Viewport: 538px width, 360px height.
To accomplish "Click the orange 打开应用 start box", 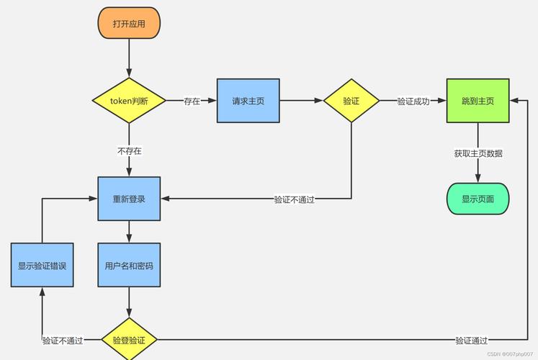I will click(129, 24).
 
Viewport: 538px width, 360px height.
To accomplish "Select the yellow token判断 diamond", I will click(129, 101).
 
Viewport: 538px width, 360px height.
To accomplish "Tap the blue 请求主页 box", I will click(248, 101).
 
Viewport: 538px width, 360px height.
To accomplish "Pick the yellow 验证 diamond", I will click(351, 101).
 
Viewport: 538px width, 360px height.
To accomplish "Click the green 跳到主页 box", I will click(478, 101).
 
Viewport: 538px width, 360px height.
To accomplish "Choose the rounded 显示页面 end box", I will click(478, 199).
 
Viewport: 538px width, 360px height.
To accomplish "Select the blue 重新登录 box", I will click(129, 199).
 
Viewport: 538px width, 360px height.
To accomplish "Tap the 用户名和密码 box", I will click(129, 265).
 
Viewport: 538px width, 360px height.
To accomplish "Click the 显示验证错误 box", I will click(42, 265).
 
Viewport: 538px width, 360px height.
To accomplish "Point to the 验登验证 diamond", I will click(129, 340).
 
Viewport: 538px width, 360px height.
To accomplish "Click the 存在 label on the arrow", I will click(192, 102).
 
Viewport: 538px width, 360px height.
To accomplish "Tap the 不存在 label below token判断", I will click(130, 151).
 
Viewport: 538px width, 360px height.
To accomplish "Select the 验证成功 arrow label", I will click(413, 102).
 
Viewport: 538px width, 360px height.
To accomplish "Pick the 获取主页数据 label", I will click(478, 153).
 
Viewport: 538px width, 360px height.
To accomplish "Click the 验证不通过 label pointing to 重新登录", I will click(294, 199).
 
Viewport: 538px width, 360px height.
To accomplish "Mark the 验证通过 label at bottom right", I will click(471, 341).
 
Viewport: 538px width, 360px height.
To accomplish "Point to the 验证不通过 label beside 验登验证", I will click(62, 341).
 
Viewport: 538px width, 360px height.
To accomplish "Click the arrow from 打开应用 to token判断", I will click(129, 58).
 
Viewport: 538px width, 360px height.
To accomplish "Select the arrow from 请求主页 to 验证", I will click(300, 101).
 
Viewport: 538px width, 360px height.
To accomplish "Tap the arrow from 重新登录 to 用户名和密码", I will click(129, 231).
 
